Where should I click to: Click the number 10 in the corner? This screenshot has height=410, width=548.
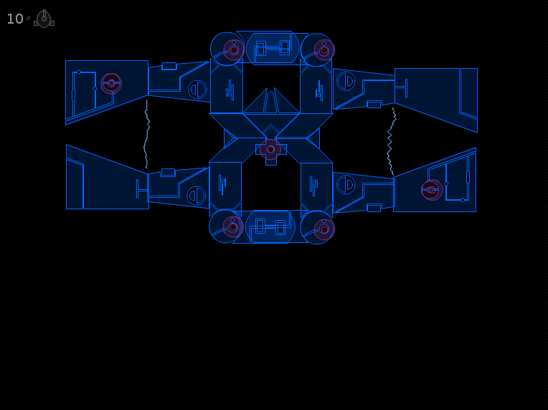point(14,19)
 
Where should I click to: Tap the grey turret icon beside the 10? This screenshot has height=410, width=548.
point(44,19)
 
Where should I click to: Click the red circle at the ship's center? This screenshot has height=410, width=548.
point(270,150)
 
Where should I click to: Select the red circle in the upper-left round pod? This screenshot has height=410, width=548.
point(234,50)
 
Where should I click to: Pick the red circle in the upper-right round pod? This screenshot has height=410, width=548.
point(324,50)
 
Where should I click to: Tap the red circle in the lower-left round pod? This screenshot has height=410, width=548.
point(233,227)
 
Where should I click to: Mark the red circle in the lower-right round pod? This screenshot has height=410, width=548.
point(324,229)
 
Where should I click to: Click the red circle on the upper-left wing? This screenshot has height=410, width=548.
point(111,83)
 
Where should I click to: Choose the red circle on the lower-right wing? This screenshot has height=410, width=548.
point(432,190)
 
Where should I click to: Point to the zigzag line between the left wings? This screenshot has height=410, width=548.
point(147,134)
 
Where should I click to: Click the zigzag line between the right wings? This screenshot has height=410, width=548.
point(392,141)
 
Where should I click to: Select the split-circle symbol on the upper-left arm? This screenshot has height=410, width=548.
point(197,90)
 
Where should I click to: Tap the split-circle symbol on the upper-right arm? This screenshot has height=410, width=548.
point(346,81)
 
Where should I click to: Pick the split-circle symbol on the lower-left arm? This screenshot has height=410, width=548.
point(197,196)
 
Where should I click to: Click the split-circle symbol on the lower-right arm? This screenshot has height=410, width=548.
point(346,185)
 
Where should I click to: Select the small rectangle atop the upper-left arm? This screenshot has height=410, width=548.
point(169,67)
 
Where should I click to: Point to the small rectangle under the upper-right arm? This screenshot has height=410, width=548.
point(374,105)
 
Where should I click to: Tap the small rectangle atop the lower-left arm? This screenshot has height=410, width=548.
point(168,173)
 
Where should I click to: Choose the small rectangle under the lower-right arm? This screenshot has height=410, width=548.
point(374,208)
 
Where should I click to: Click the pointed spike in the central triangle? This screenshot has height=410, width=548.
point(271,102)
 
